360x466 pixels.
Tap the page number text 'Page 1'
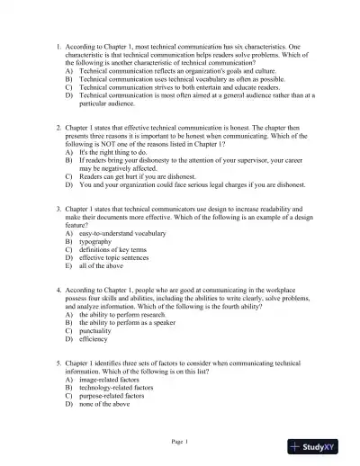pos(180,442)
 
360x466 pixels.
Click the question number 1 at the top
pos(58,45)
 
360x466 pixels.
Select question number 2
pos(58,130)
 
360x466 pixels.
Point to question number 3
pos(58,208)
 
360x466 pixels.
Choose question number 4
pos(58,291)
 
